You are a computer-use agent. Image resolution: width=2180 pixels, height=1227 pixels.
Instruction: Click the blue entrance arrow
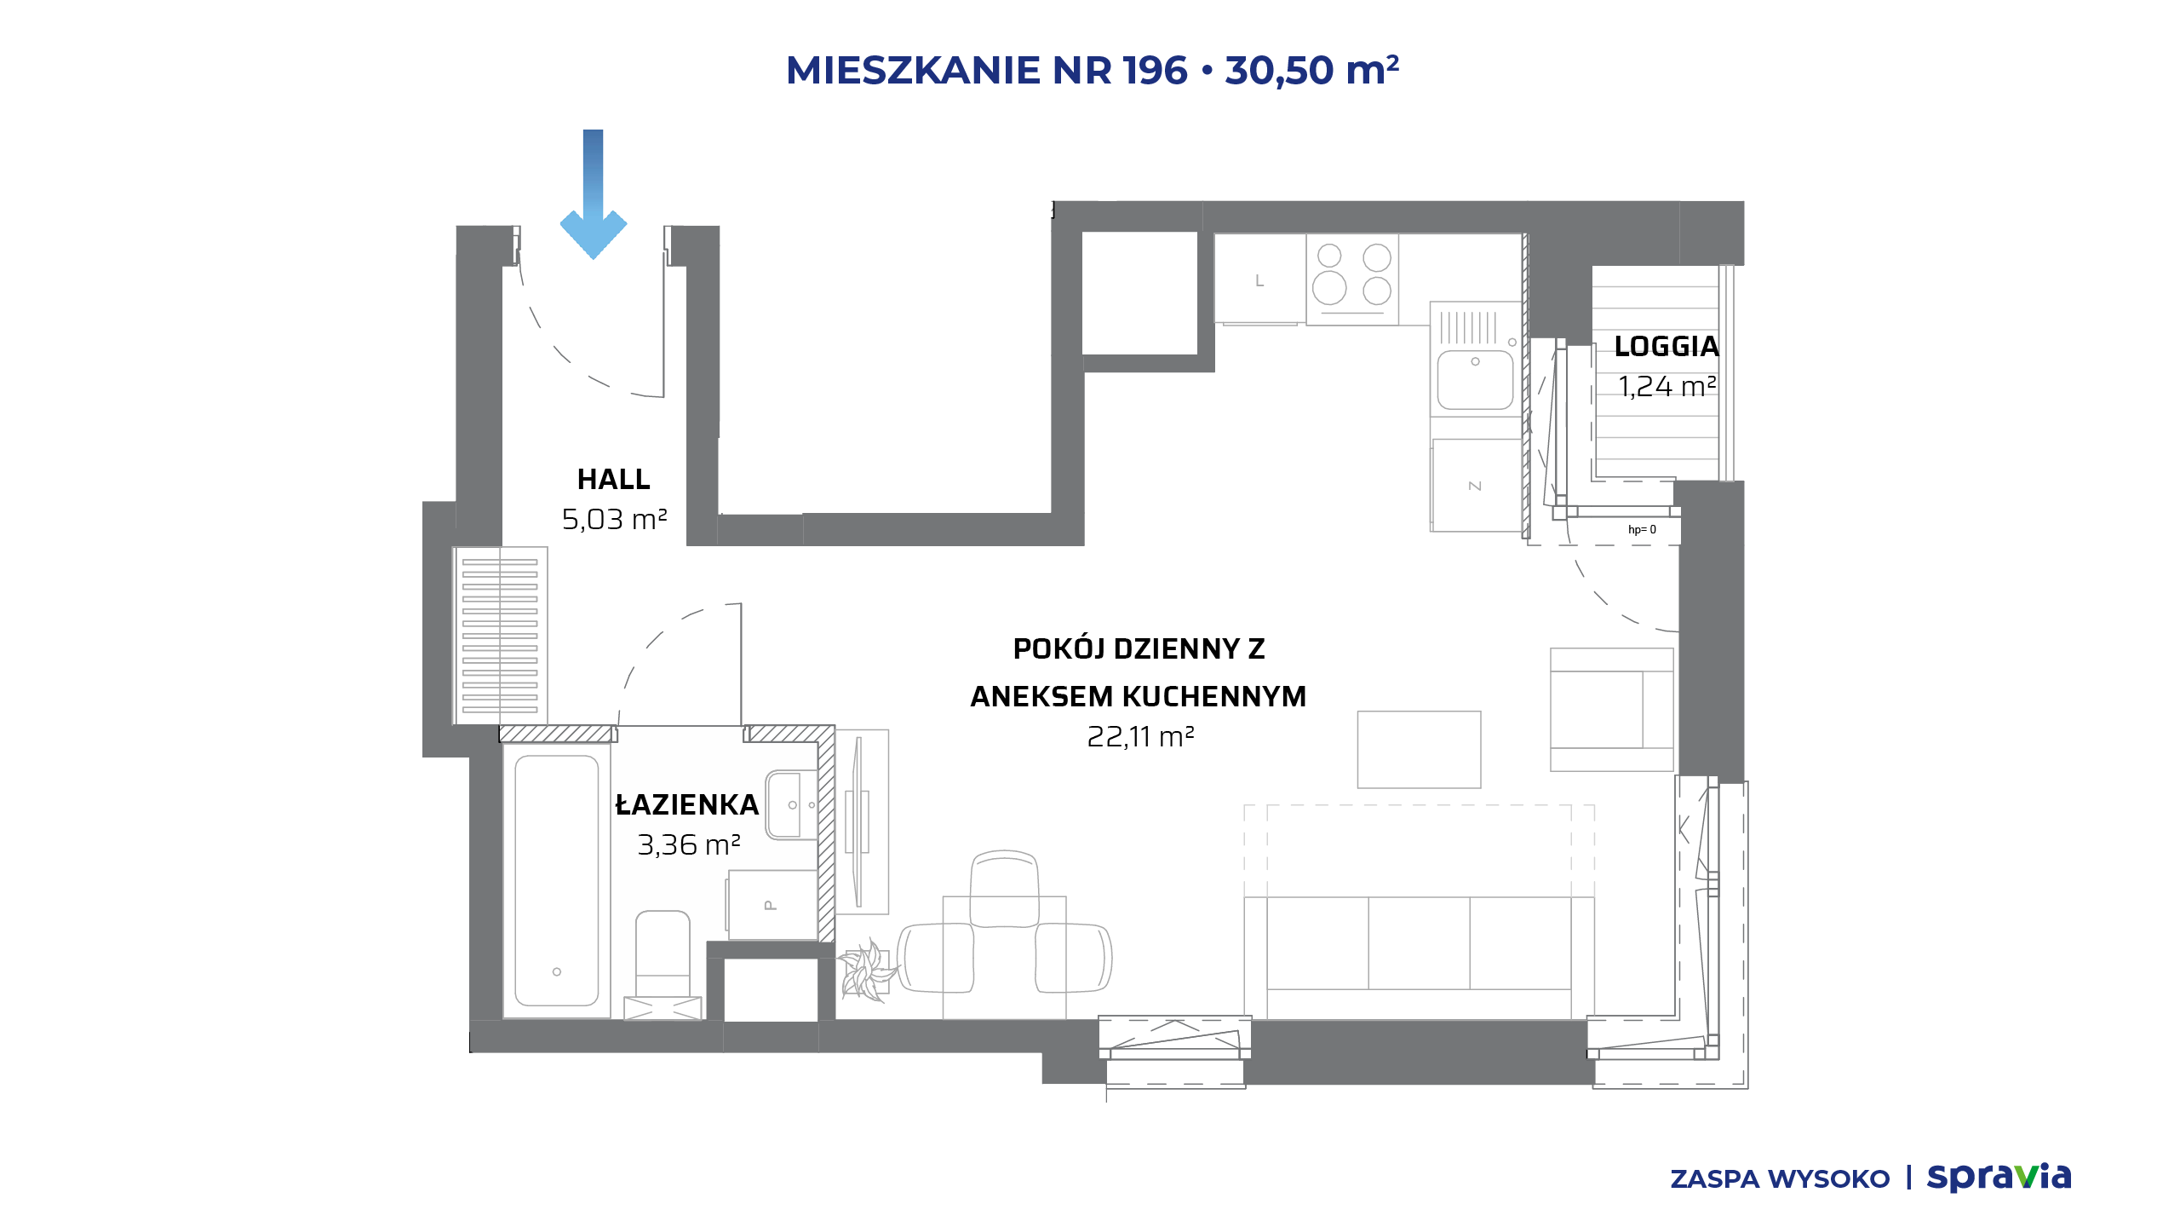594,194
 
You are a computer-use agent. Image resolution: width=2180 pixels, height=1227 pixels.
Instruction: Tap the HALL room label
614,480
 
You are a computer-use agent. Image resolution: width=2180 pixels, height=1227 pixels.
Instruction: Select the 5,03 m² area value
614,519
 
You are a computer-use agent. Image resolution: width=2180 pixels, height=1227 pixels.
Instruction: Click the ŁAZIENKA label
686,805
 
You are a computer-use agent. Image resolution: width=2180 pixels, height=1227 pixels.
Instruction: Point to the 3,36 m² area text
689,844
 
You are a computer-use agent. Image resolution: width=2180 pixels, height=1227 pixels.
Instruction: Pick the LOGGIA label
1667,347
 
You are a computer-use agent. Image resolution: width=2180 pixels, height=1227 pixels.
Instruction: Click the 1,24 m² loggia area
1667,387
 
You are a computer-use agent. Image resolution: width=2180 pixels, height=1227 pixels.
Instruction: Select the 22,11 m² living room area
1140,736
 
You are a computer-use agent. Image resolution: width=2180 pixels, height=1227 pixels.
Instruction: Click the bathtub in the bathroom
557,881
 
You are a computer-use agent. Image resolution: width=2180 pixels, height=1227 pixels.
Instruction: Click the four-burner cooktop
1352,279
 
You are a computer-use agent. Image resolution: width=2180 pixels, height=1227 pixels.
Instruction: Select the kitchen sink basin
1476,380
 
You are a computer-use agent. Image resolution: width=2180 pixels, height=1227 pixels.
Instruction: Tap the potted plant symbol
867,971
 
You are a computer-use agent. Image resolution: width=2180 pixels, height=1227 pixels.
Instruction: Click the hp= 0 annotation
1642,530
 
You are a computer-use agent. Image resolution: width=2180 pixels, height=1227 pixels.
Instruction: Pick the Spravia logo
1999,1178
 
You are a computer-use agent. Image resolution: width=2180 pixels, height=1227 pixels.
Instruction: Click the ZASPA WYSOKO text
1780,1179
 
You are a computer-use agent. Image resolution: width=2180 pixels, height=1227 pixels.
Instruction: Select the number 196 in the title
1155,70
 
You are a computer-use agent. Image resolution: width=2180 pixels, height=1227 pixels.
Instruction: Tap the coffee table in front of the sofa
1419,750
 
